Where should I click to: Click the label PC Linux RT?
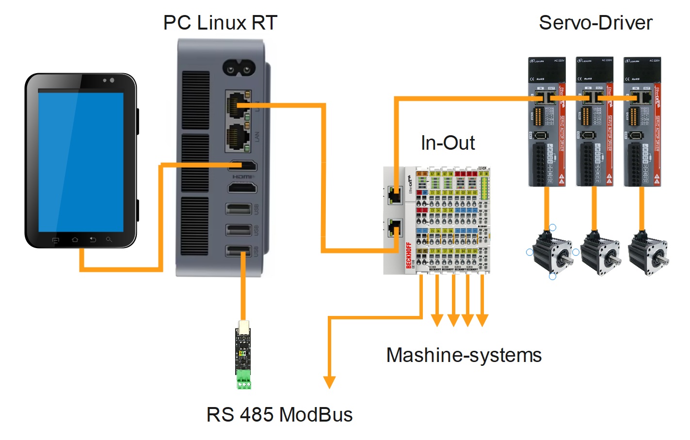220,23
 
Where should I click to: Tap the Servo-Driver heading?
595,23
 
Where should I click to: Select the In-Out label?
448,143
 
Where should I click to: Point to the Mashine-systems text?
464,355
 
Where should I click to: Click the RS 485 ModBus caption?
279,415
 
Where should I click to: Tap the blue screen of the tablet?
81,161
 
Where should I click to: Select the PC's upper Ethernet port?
239,104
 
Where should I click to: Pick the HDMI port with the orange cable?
242,166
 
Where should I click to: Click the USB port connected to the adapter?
239,251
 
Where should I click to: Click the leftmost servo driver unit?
547,121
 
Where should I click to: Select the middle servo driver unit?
594,121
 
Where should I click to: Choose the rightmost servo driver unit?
642,121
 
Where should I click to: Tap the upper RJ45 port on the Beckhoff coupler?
394,195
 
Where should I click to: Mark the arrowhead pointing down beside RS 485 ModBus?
330,382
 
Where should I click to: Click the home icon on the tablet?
75,239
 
